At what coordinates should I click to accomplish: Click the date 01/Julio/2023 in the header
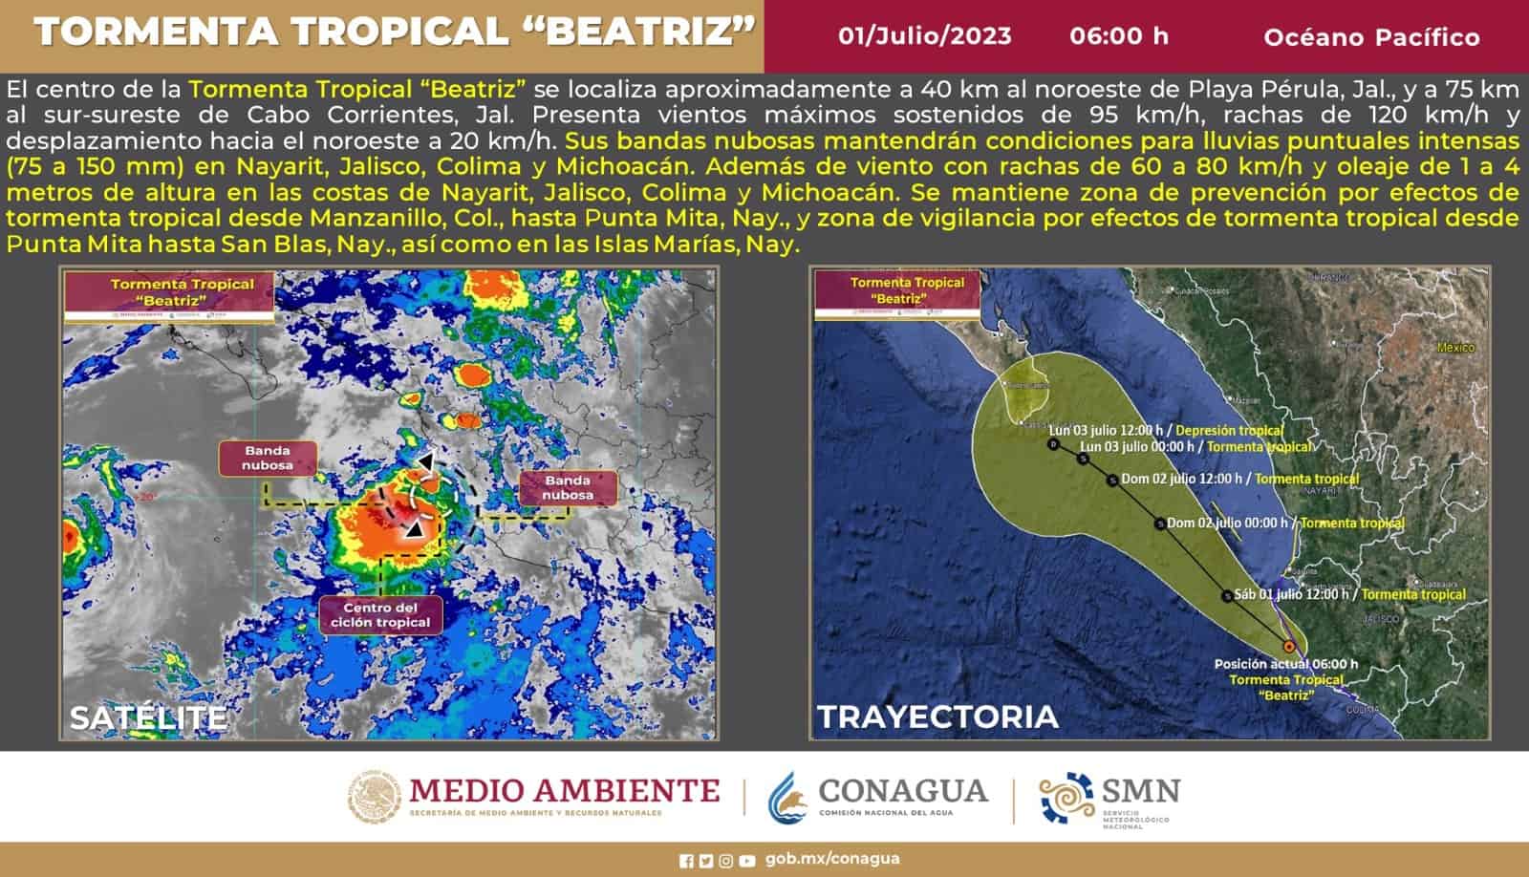click(x=924, y=36)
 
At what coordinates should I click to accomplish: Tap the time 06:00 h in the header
click(x=1119, y=36)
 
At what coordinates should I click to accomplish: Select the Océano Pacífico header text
click(x=1371, y=37)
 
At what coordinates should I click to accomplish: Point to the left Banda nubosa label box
click(x=268, y=459)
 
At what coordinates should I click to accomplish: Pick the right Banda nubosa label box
click(x=568, y=487)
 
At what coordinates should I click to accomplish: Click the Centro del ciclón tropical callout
click(x=380, y=614)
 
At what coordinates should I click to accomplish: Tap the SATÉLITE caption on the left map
click(x=148, y=717)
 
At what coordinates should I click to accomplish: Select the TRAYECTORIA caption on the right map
click(x=937, y=717)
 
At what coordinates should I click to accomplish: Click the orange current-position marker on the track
click(x=1289, y=647)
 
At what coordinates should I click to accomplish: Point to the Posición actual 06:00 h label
click(x=1285, y=664)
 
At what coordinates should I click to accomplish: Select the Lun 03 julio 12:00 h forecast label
click(x=1110, y=430)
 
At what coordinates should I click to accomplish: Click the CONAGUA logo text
click(x=902, y=792)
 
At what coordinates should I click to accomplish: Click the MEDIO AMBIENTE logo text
click(x=564, y=791)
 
